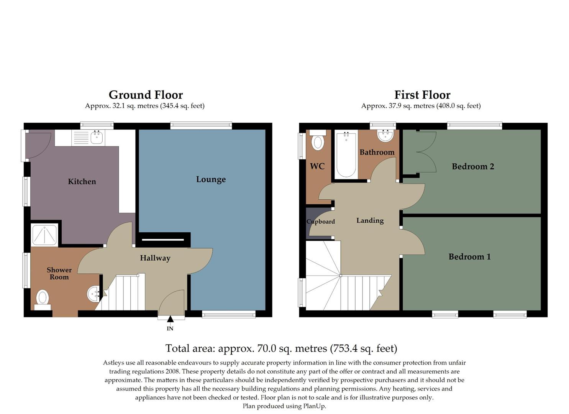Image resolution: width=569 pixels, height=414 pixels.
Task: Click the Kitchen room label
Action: coord(82,182)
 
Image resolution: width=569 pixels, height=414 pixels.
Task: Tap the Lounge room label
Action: coord(211,179)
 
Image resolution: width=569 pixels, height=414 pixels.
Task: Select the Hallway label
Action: coord(155,258)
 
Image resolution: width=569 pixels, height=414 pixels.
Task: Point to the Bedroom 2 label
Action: coord(473,166)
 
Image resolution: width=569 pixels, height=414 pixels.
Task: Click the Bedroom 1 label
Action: coord(469,257)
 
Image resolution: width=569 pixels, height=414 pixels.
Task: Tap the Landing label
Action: coord(370,220)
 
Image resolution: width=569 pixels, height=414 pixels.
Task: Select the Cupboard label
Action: coord(321,222)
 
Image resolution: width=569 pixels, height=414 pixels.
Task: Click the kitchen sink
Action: coord(97,137)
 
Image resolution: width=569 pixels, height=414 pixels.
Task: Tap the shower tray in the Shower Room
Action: coord(44,235)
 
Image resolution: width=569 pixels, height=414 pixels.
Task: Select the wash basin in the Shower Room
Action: coord(93,294)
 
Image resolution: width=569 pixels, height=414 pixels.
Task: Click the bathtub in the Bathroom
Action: coord(346,154)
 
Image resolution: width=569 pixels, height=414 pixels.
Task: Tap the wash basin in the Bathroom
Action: coord(385,135)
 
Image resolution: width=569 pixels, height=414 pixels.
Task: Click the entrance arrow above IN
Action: coord(170,319)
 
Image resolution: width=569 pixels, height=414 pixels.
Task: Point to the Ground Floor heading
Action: coord(146,95)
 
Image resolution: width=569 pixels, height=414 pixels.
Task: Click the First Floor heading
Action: coord(422,95)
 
